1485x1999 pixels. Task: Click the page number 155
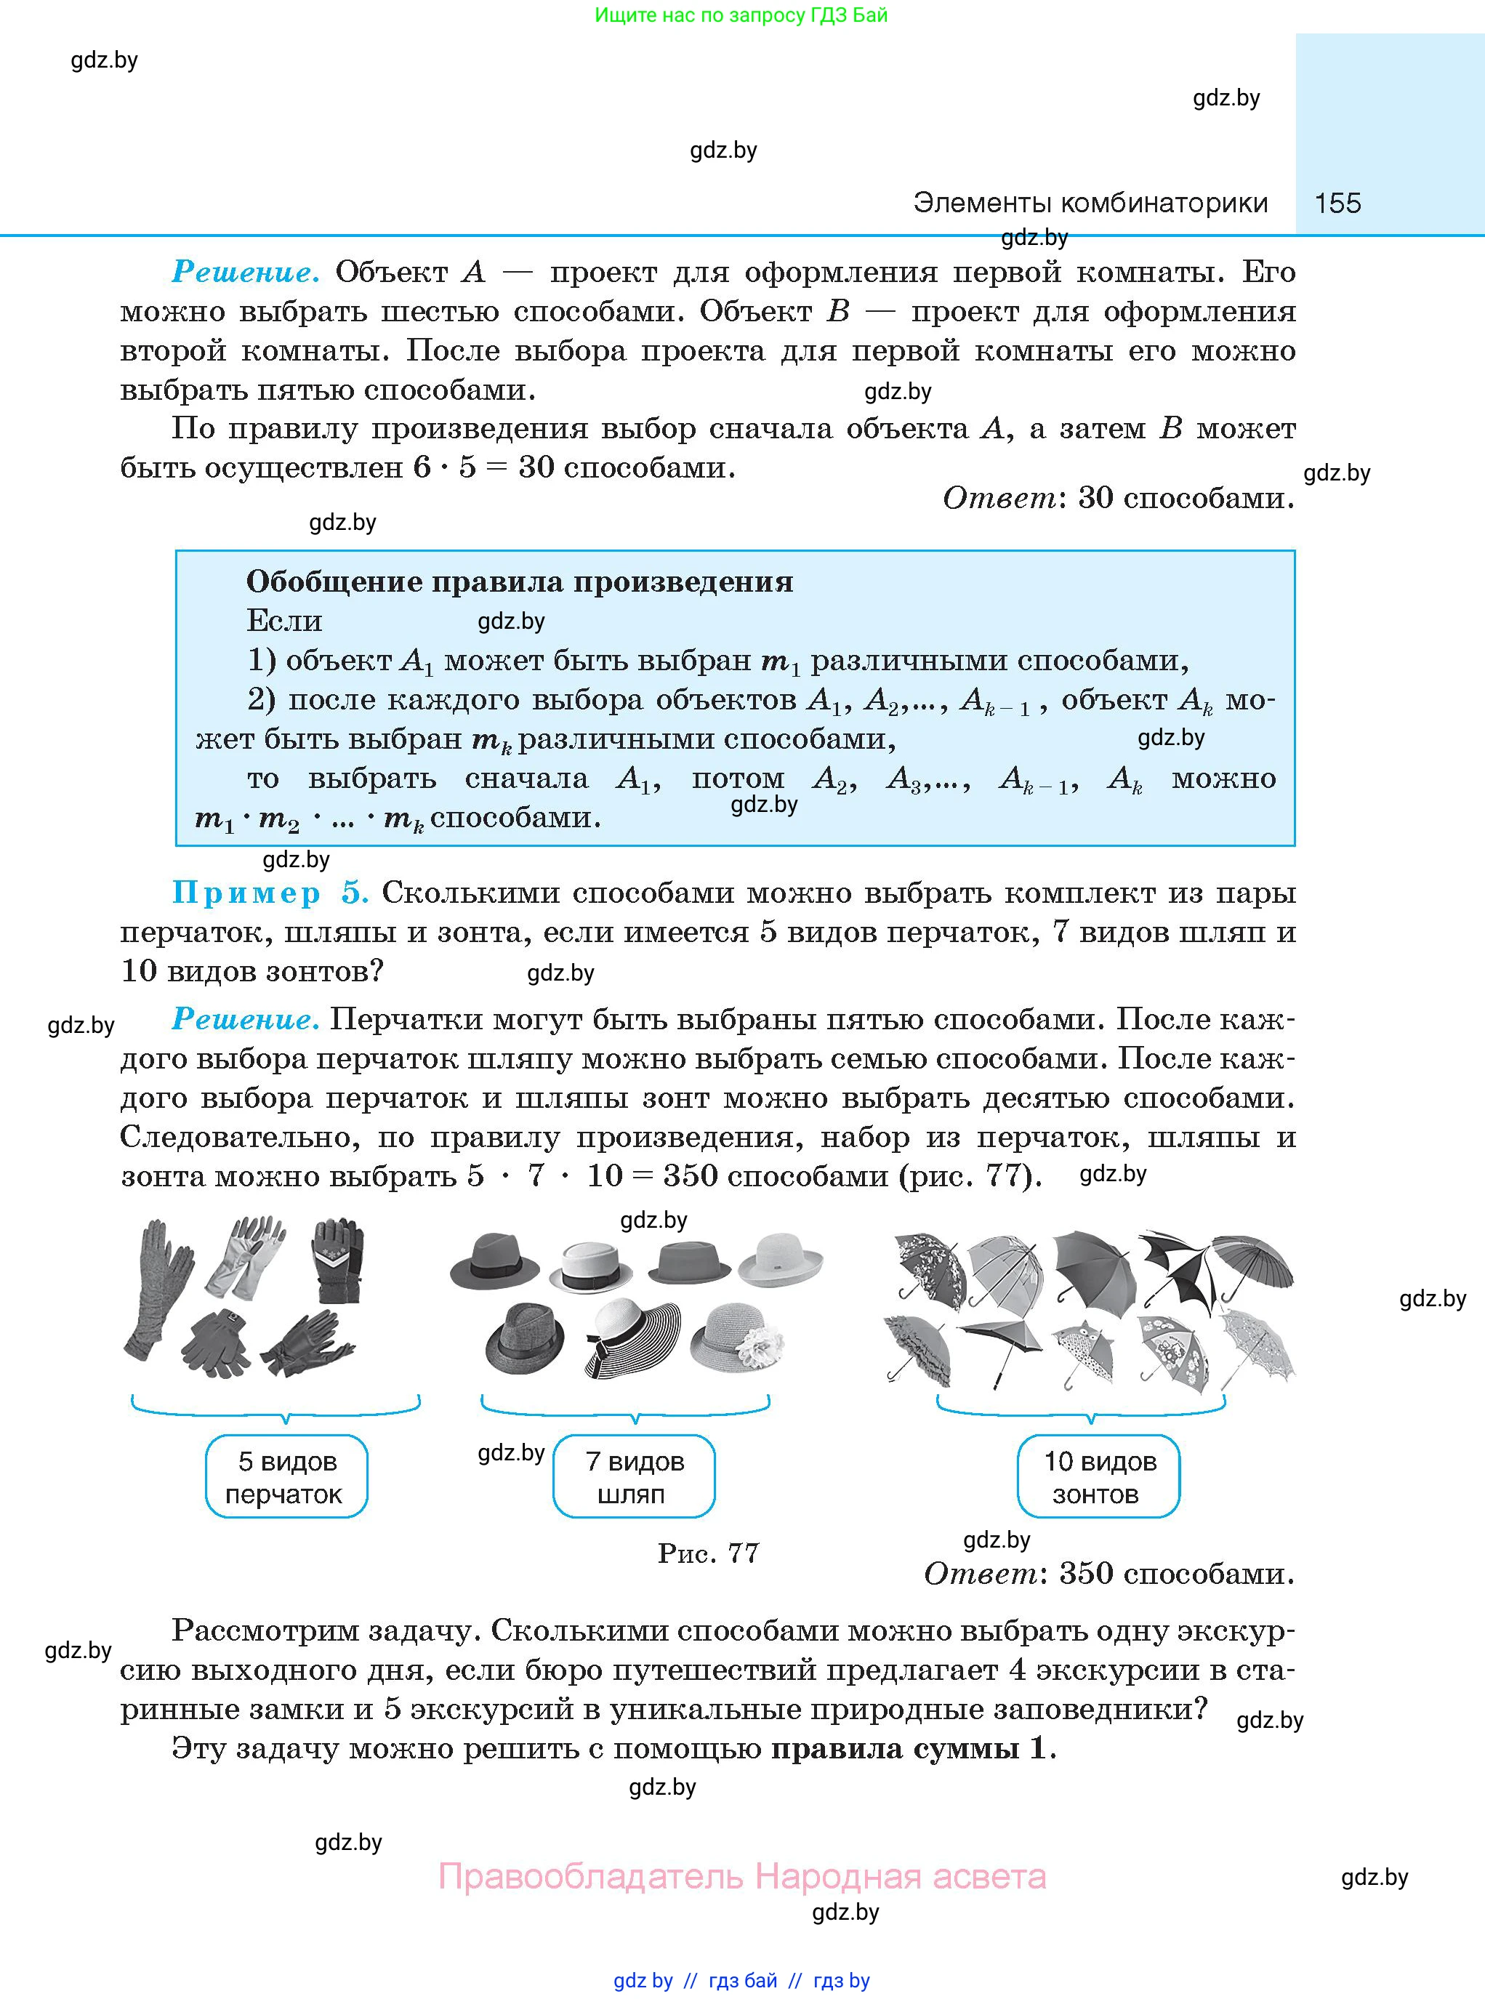(x=1337, y=203)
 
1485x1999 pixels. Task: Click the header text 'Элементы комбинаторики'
(x=1090, y=203)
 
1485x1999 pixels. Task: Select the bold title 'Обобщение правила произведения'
(x=520, y=582)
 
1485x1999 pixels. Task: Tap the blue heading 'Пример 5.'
(x=270, y=893)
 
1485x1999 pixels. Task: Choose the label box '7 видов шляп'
(x=634, y=1477)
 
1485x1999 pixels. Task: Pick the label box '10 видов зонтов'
(x=1098, y=1477)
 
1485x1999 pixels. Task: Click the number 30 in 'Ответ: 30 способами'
(x=1095, y=498)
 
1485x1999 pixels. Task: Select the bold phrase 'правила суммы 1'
(x=908, y=1748)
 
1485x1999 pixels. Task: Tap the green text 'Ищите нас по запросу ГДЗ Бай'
(x=741, y=15)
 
